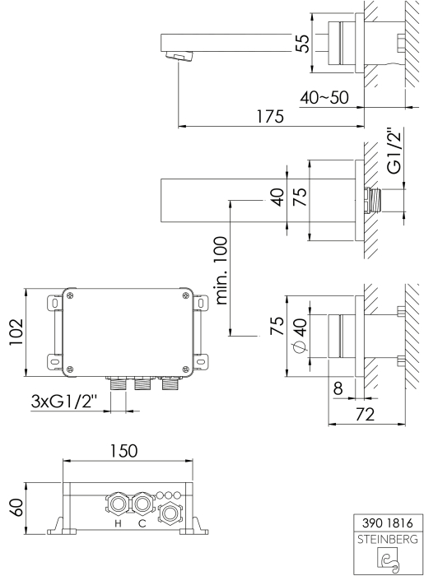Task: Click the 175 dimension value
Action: click(270, 117)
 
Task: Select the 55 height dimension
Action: click(303, 44)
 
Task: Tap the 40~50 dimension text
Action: click(324, 98)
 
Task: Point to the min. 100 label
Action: click(221, 271)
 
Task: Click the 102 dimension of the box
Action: click(16, 332)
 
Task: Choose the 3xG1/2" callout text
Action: click(63, 401)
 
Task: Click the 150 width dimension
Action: click(123, 450)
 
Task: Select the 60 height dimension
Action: click(16, 508)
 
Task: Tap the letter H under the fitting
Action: click(118, 524)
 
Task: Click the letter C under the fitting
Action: click(142, 524)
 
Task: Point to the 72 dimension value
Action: click(366, 414)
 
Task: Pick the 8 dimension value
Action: click(338, 388)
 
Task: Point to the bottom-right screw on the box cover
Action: click(186, 369)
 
